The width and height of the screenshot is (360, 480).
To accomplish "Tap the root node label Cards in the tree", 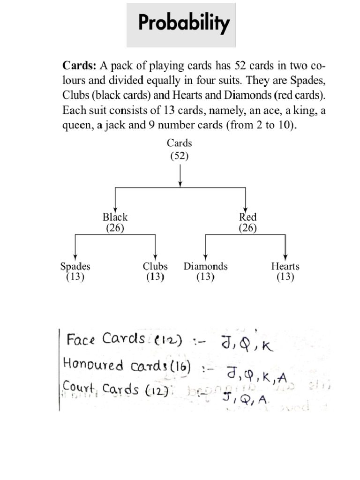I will coord(180,143).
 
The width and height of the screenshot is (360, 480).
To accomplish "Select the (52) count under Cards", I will coord(180,156).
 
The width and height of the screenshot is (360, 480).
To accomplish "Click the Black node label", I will coord(115,217).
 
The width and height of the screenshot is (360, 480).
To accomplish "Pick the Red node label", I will coord(247,217).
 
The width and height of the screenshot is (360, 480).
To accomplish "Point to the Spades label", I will coord(75,266).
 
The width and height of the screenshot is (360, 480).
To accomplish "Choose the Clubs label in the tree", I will coord(155,266).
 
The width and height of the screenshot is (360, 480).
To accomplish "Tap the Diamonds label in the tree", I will coord(205,266).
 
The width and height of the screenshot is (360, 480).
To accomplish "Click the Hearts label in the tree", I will coord(285,266).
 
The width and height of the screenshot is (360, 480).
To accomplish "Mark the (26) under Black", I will coord(115,228).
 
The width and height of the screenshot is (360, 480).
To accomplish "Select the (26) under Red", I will coord(247,228).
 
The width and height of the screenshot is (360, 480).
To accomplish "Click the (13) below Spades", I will coord(75,277).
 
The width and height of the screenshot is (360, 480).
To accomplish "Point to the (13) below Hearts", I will coord(285,277).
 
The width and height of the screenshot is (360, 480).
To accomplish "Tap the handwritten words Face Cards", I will coord(106,339).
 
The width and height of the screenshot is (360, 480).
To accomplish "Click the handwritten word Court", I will coord(78,389).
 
